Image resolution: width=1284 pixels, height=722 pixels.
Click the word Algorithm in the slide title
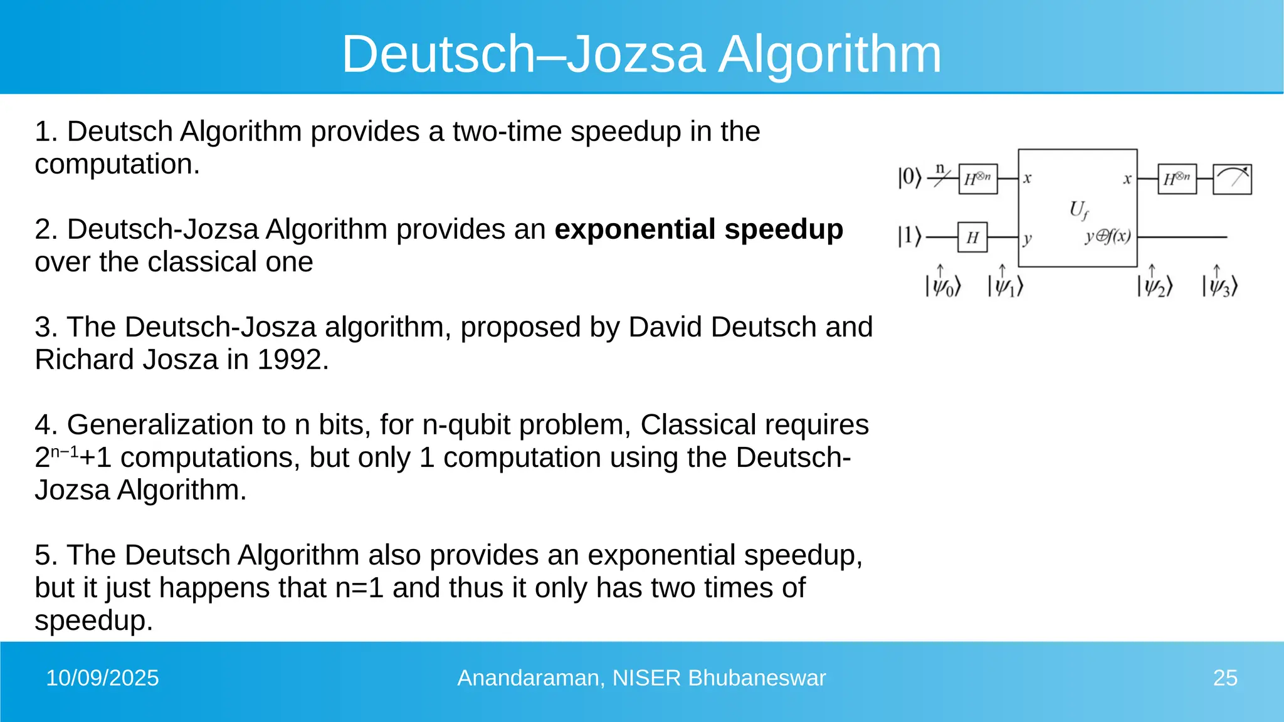coord(829,55)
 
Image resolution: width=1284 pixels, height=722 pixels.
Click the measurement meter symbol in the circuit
coord(1232,179)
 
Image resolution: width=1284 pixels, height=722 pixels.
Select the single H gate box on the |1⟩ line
coord(972,237)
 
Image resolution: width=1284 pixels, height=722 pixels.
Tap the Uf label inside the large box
coord(1078,209)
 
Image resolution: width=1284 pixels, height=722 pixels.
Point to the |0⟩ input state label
coord(910,178)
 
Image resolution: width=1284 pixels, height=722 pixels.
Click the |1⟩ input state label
coord(910,237)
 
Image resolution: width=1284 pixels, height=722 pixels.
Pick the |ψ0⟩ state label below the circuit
coord(943,286)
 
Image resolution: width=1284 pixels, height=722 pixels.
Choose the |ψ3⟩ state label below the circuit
coord(1220,286)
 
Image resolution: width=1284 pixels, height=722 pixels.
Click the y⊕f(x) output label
coord(1108,236)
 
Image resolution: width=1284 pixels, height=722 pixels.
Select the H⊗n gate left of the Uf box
coord(978,179)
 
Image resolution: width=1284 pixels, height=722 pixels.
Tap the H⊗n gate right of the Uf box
coord(1177,179)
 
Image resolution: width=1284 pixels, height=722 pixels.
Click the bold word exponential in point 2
coord(635,229)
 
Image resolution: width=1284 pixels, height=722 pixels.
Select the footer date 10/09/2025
coord(102,678)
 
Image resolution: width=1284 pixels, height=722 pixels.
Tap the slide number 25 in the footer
coord(1225,678)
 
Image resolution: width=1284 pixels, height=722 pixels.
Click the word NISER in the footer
coord(646,678)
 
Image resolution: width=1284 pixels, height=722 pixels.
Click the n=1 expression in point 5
coord(359,588)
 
